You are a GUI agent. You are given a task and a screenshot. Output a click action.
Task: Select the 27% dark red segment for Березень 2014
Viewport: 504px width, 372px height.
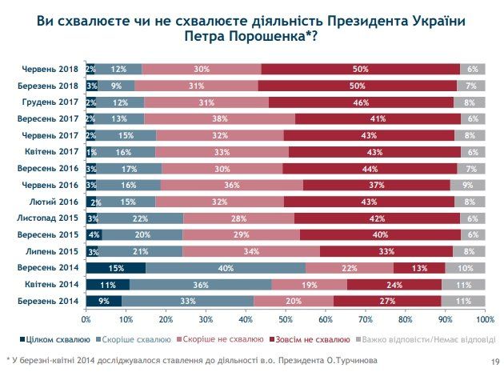[x=387, y=301]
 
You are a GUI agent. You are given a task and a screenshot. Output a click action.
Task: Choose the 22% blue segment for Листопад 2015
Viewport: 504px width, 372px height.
[x=141, y=218]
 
